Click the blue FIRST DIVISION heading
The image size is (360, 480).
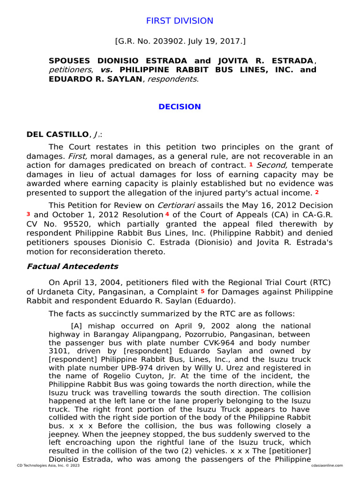point(180,21)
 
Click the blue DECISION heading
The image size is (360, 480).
point(180,107)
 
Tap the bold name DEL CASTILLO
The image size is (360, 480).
point(57,135)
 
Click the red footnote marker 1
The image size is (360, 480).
point(251,165)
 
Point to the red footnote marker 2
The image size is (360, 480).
point(317,192)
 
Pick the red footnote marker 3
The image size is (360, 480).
point(29,214)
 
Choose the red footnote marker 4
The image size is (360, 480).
point(167,214)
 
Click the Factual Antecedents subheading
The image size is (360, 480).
point(72,267)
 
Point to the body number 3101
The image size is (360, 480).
point(59,351)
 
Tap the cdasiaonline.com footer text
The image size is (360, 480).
point(327,465)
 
